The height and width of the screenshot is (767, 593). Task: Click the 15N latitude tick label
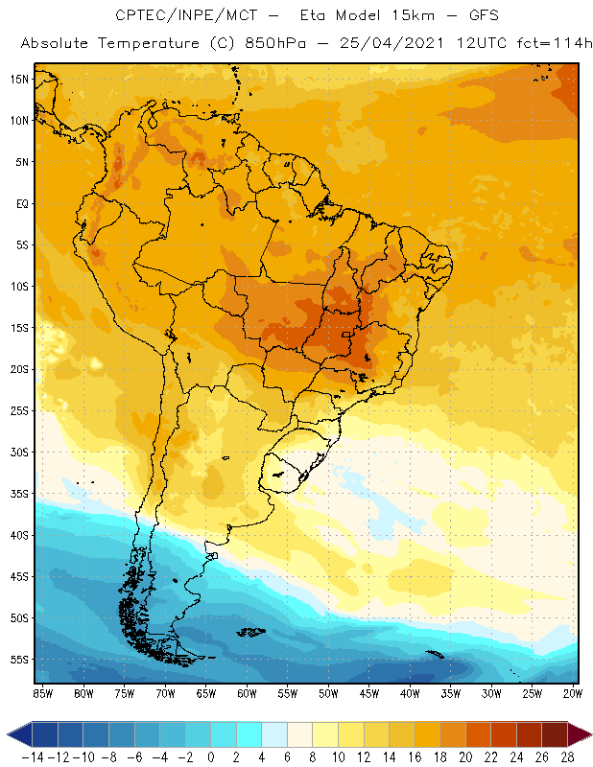[18, 79]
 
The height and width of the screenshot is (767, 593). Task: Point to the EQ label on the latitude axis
[20, 203]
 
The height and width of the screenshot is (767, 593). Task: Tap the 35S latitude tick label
[18, 494]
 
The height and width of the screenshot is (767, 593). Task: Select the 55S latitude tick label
[18, 660]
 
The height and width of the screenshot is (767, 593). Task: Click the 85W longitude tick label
[42, 693]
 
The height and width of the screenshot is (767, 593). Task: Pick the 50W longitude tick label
[328, 693]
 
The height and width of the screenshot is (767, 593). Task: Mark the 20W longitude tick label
[573, 693]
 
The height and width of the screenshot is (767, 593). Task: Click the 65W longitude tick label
[205, 693]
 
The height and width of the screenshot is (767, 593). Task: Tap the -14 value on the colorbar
[33, 756]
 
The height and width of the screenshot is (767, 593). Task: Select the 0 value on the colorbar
[211, 756]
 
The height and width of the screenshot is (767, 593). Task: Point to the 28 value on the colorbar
[566, 756]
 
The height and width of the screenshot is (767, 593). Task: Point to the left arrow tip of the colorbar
[9, 734]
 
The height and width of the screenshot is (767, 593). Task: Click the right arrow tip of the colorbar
[587, 734]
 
